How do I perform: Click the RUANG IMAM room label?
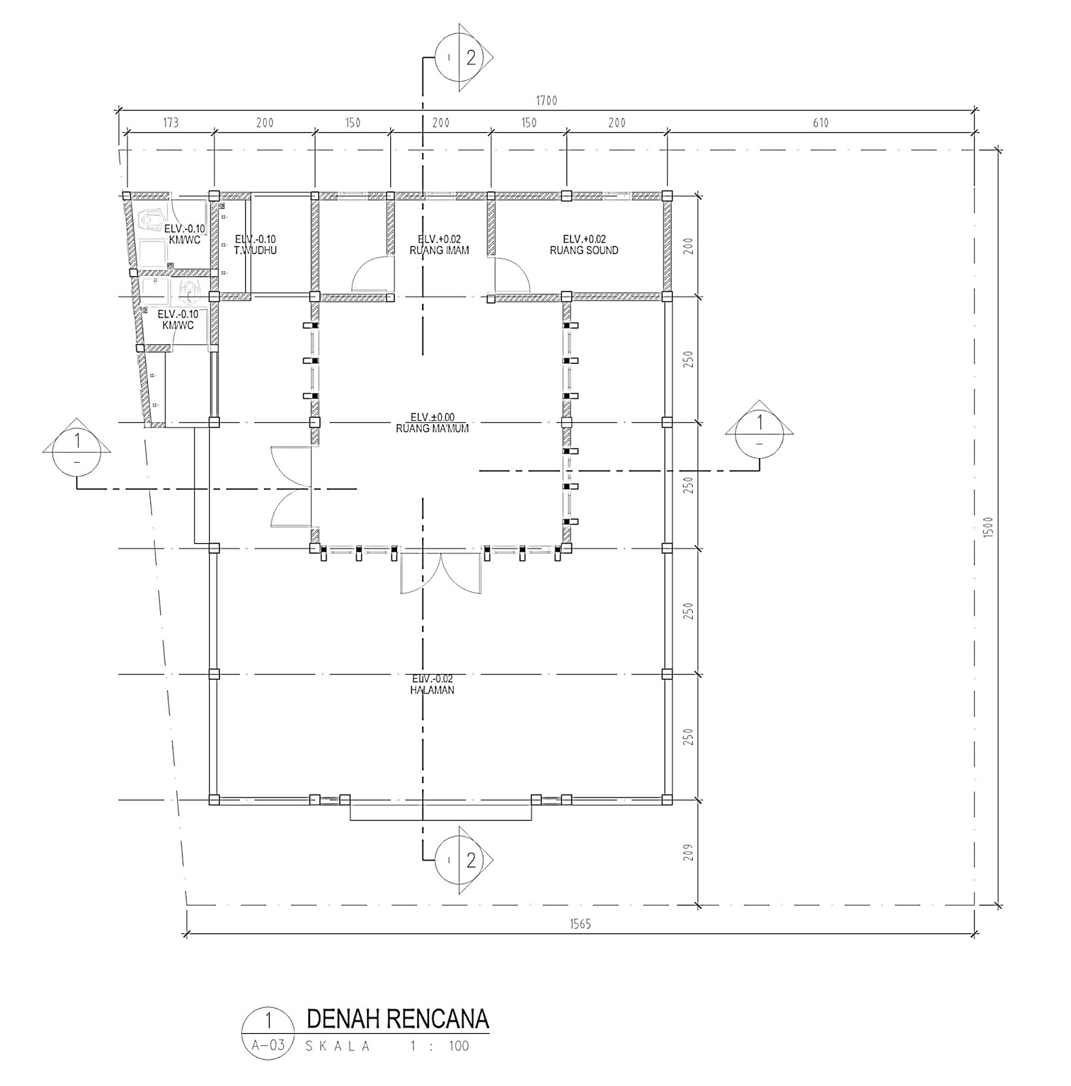(439, 250)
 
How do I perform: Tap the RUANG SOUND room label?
(584, 250)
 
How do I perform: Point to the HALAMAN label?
(432, 690)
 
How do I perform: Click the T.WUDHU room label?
(255, 250)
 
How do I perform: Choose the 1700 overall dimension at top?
(546, 101)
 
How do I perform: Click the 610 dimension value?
(820, 123)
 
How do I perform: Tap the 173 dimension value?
(170, 123)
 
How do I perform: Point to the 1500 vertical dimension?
(988, 527)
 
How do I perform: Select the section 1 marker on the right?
(759, 432)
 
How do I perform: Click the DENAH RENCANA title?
(398, 1019)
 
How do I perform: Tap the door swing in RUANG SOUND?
(511, 274)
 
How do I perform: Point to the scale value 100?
(458, 1046)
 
